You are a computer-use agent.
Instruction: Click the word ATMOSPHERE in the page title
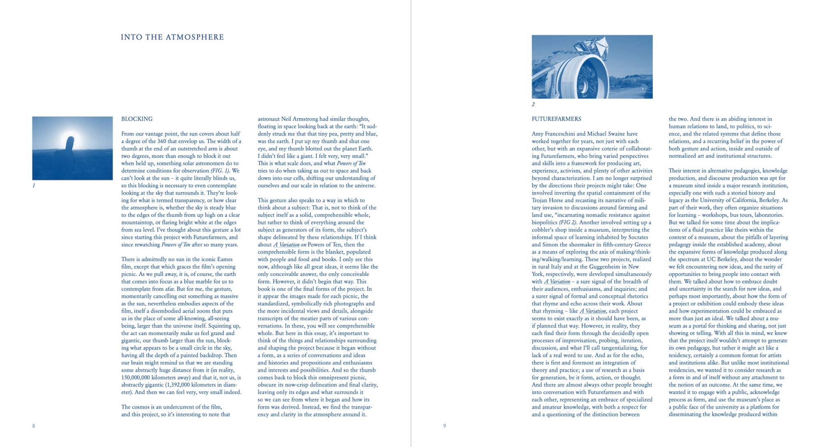(195, 37)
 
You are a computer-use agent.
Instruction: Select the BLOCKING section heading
(137, 119)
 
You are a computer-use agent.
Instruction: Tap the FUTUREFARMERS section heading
(556, 119)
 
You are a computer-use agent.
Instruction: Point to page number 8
(34, 426)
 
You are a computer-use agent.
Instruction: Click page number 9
(444, 426)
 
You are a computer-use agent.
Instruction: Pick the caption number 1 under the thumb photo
(34, 186)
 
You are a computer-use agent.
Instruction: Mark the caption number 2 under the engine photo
(533, 104)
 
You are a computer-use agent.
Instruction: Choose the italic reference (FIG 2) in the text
(567, 223)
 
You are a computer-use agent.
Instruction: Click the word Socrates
(637, 237)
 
